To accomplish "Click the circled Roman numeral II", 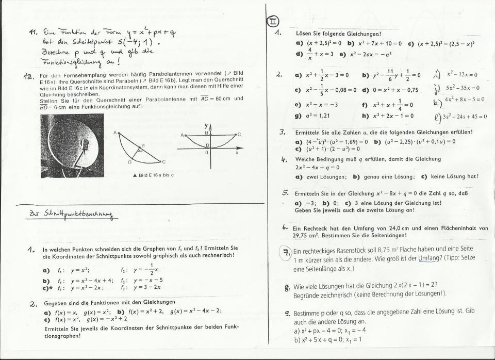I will (272, 21).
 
